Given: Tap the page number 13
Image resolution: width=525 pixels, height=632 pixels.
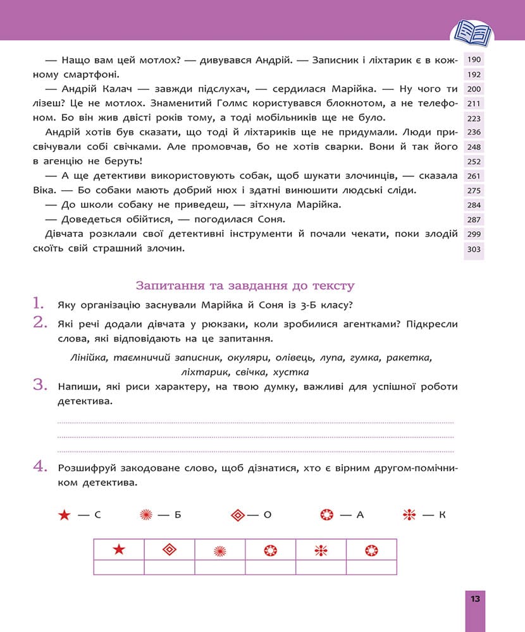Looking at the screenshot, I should (475, 599).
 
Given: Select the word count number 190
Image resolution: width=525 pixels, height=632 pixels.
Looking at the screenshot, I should (474, 60).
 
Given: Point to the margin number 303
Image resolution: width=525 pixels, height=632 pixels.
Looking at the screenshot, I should (474, 250).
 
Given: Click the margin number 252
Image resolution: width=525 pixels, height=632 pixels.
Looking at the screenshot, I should (474, 162).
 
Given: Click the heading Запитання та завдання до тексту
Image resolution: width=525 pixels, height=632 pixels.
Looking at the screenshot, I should (245, 286).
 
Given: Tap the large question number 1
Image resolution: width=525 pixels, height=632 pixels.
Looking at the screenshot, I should (40, 303).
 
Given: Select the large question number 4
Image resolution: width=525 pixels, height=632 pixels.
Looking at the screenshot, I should (40, 468).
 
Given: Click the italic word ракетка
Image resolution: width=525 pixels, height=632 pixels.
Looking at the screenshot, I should (411, 358).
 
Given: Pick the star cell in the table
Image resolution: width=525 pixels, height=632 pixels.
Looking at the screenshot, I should (119, 550).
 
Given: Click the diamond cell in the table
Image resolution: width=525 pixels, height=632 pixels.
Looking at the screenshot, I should (169, 550).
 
